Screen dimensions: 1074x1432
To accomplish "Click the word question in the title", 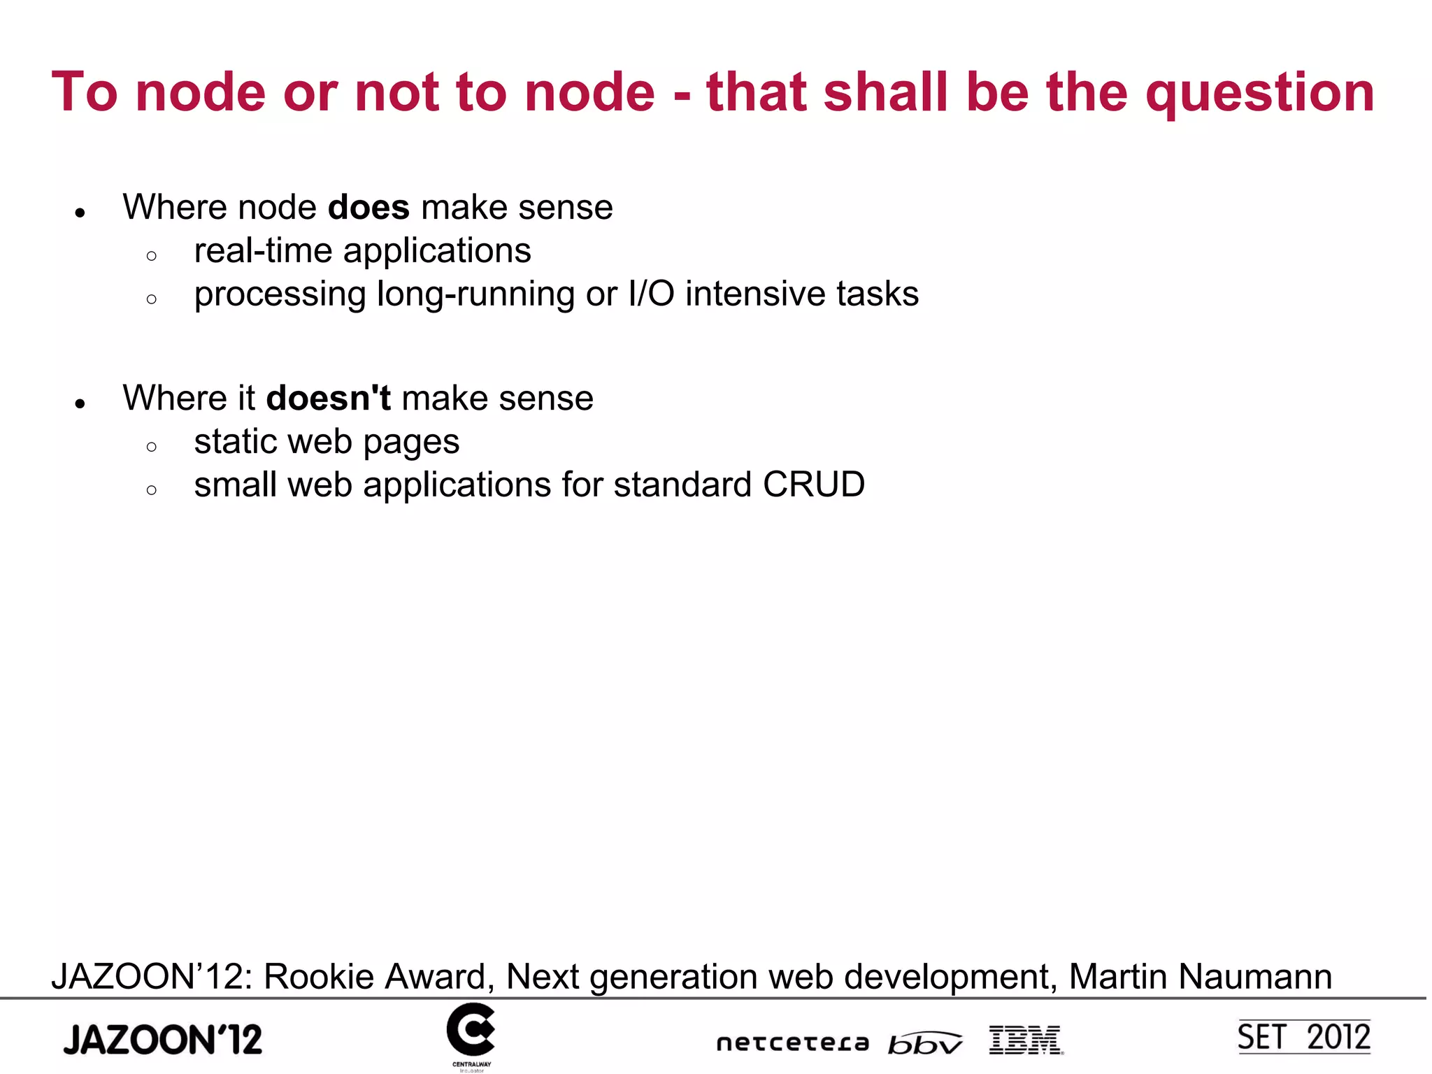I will pyautogui.click(x=1259, y=93).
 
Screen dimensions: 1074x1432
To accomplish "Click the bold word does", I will pyautogui.click(x=368, y=208).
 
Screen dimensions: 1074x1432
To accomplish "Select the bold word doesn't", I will pyautogui.click(x=328, y=399).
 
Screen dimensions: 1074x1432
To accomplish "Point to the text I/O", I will pyautogui.click(x=651, y=294).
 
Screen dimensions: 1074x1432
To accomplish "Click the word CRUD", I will pyautogui.click(x=814, y=485).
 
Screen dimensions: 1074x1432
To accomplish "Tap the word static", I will pyautogui.click(x=235, y=442).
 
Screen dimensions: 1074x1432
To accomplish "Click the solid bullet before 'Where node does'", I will pyautogui.click(x=80, y=213).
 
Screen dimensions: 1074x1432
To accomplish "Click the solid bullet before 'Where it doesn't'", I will pyautogui.click(x=80, y=403).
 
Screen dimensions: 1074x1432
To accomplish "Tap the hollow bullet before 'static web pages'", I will pyautogui.click(x=152, y=447).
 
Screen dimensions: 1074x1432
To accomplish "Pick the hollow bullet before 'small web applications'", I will pyautogui.click(x=152, y=490).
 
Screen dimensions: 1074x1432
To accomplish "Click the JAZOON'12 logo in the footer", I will pyautogui.click(x=162, y=1040).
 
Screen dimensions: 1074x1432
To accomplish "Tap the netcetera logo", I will pyautogui.click(x=792, y=1043).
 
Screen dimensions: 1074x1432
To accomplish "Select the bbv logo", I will pyautogui.click(x=924, y=1043).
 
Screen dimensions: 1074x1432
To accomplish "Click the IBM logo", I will pyautogui.click(x=1026, y=1040).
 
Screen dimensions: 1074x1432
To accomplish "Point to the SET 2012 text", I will pyautogui.click(x=1303, y=1037).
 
